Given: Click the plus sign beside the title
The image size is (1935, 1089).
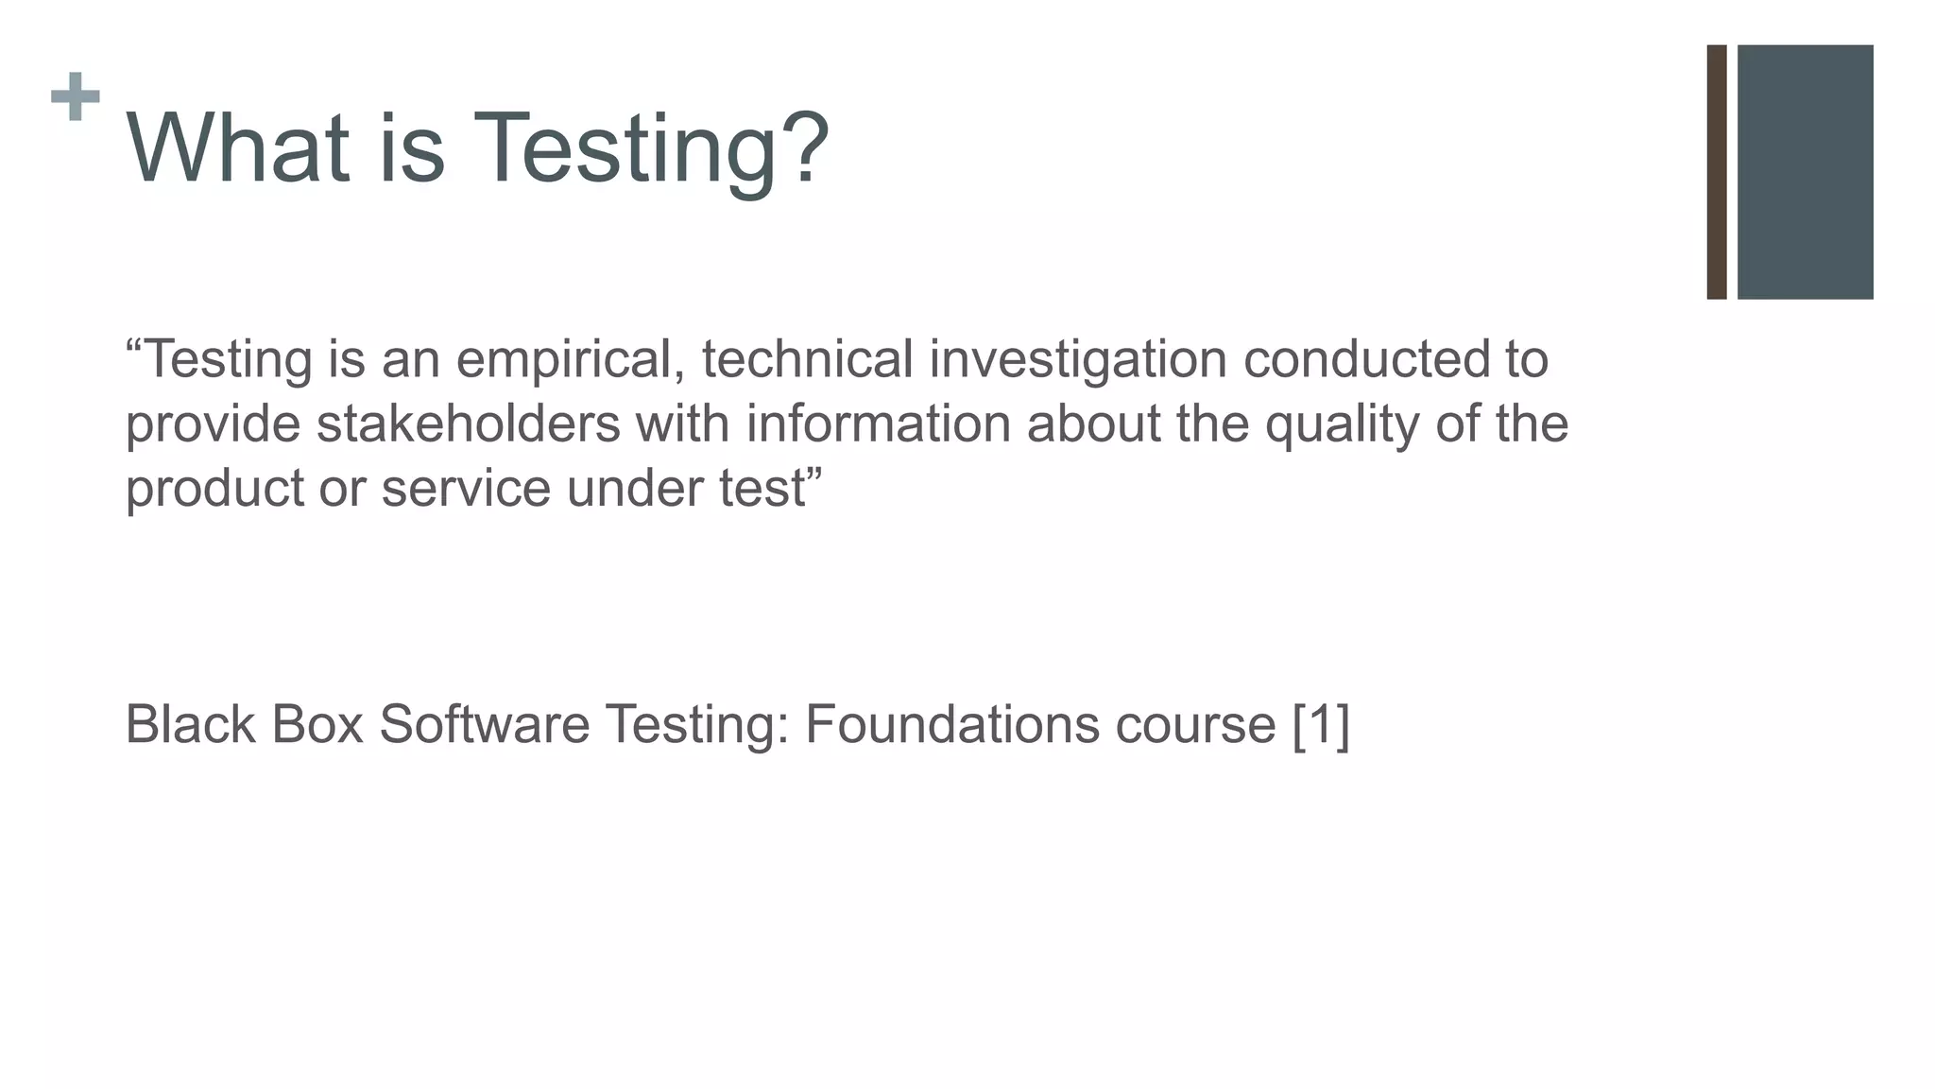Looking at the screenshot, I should (76, 96).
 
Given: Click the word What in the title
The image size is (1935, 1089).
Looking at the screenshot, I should (237, 148).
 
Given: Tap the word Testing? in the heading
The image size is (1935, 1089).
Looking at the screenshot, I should (651, 151).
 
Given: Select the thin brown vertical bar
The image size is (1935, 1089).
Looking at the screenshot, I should (1716, 172).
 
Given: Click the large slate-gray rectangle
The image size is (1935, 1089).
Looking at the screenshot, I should (1805, 172).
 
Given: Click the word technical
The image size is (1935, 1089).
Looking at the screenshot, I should (807, 360).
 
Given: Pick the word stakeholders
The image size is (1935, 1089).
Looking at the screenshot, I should (468, 424).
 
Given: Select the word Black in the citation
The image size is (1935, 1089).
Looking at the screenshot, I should (190, 725).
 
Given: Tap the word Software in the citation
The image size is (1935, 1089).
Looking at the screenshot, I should (484, 725).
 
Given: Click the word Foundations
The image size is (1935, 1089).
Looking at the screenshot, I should (951, 725).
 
